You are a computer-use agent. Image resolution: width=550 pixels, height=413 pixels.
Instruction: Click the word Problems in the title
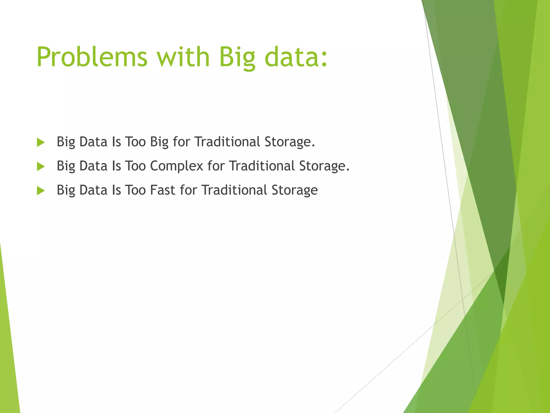(92, 57)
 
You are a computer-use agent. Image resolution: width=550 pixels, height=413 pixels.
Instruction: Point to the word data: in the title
(296, 57)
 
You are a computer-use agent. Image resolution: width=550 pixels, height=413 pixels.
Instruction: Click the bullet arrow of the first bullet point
(41, 143)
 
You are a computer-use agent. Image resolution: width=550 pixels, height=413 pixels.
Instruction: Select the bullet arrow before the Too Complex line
(41, 166)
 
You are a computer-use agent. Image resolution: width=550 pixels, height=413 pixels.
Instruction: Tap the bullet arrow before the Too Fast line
(41, 191)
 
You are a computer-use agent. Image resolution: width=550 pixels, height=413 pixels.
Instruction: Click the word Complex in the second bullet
(176, 166)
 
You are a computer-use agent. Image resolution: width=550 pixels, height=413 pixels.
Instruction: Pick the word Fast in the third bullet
(162, 190)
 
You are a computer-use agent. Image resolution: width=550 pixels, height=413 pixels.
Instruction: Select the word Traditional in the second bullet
(262, 166)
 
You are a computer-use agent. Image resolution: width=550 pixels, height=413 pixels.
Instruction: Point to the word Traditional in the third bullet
(234, 190)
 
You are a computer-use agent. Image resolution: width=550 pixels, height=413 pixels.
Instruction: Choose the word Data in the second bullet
(93, 166)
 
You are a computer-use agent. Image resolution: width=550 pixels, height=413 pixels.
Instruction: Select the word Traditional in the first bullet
(227, 142)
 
